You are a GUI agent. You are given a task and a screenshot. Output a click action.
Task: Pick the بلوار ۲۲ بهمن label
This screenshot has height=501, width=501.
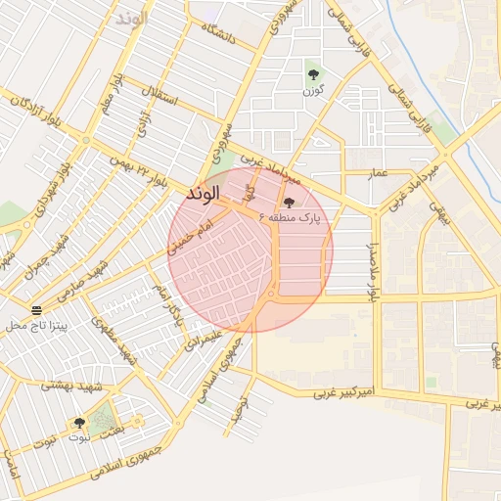(x=140, y=168)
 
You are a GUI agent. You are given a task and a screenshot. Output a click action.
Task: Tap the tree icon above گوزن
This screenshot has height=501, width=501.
(x=313, y=73)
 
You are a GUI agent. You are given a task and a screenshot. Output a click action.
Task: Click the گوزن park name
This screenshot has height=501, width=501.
(x=313, y=91)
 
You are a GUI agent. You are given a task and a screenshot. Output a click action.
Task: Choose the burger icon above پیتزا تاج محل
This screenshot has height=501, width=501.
(x=36, y=309)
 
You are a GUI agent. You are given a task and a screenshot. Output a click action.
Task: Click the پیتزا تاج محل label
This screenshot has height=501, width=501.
(x=35, y=325)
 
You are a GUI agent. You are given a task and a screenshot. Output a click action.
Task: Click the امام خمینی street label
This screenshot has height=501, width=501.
(x=190, y=237)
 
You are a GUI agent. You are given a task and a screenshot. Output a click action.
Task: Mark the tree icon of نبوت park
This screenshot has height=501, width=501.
(x=79, y=423)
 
